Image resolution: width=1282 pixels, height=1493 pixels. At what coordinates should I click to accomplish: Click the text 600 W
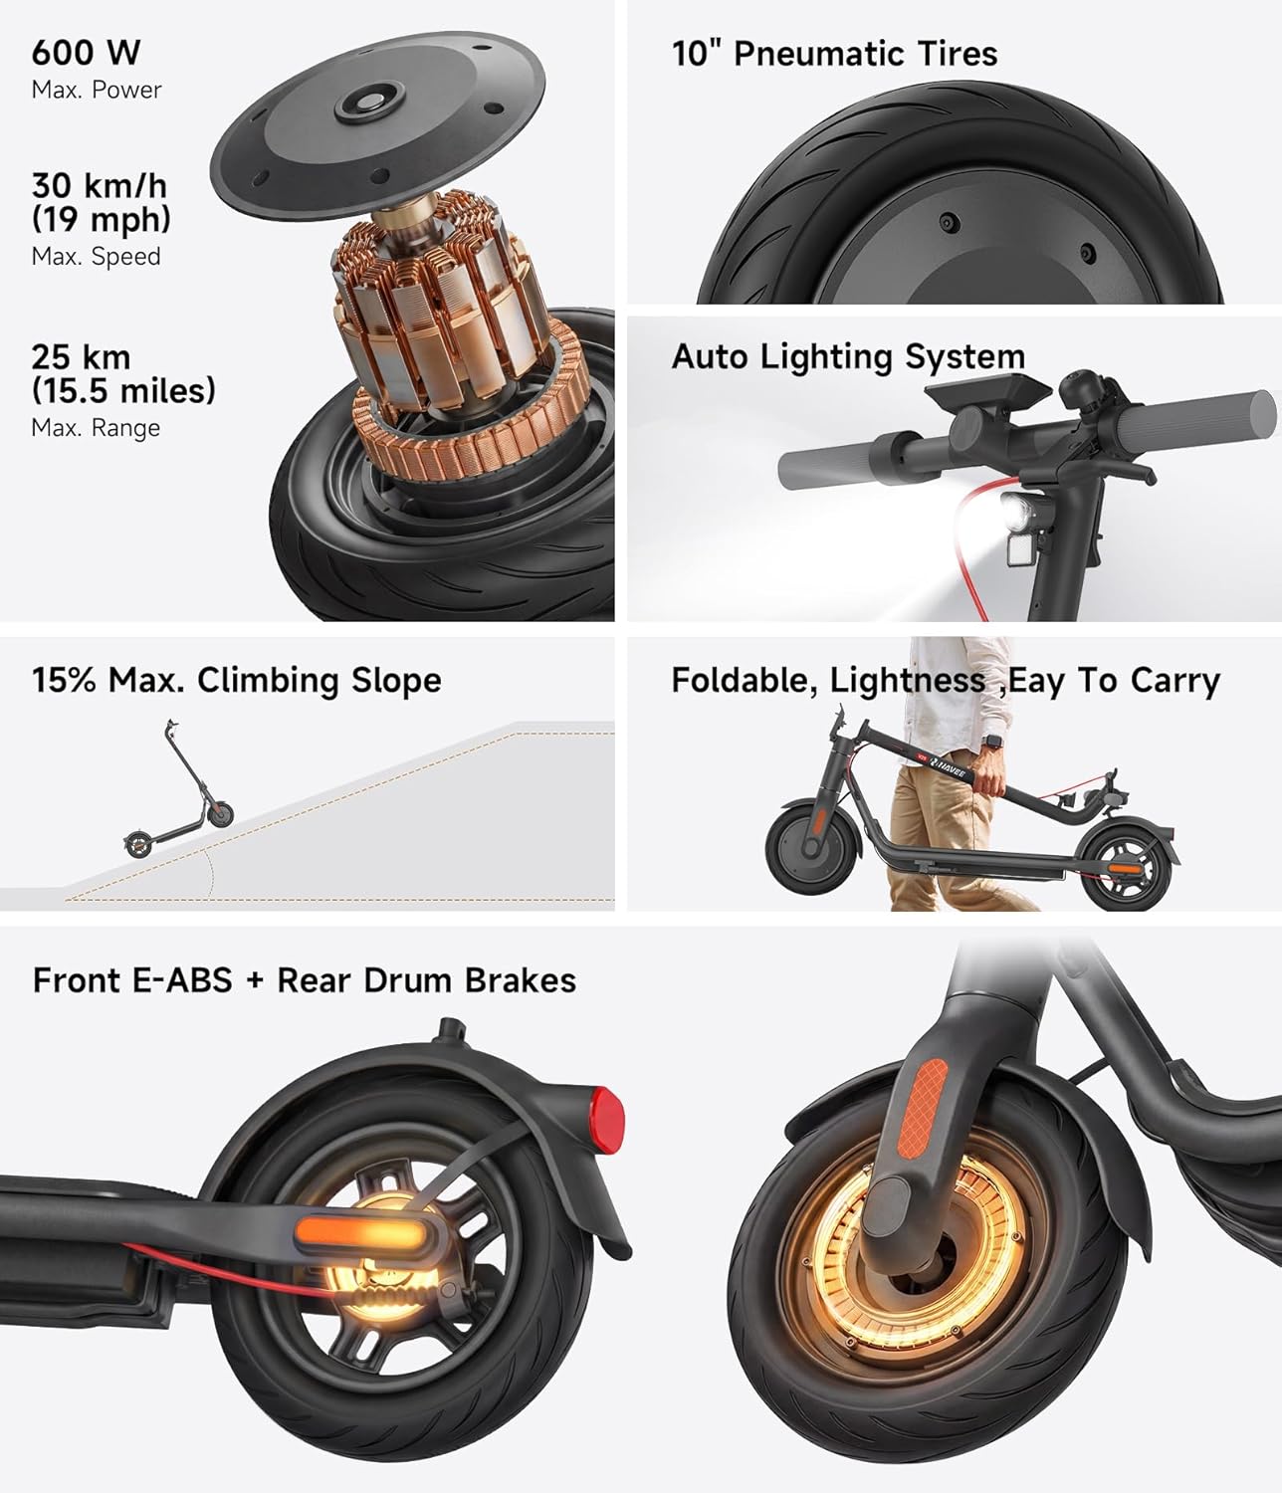86,52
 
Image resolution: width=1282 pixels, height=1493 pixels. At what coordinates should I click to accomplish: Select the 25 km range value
81,356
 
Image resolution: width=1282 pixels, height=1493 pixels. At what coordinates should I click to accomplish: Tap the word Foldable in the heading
744,681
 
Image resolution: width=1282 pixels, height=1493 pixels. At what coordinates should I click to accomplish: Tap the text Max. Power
97,91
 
